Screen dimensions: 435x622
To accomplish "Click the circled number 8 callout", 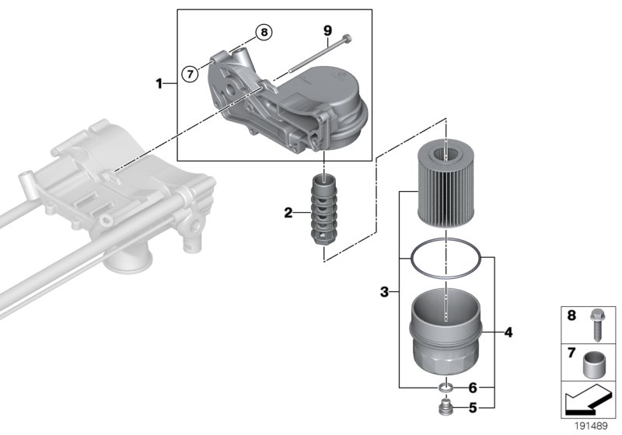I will pos(264,33).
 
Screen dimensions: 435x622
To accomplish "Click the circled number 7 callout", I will pos(187,73).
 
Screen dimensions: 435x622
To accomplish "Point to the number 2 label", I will pos(288,213).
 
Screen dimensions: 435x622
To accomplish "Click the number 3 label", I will pos(384,293).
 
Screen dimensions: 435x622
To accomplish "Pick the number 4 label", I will pos(508,333).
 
